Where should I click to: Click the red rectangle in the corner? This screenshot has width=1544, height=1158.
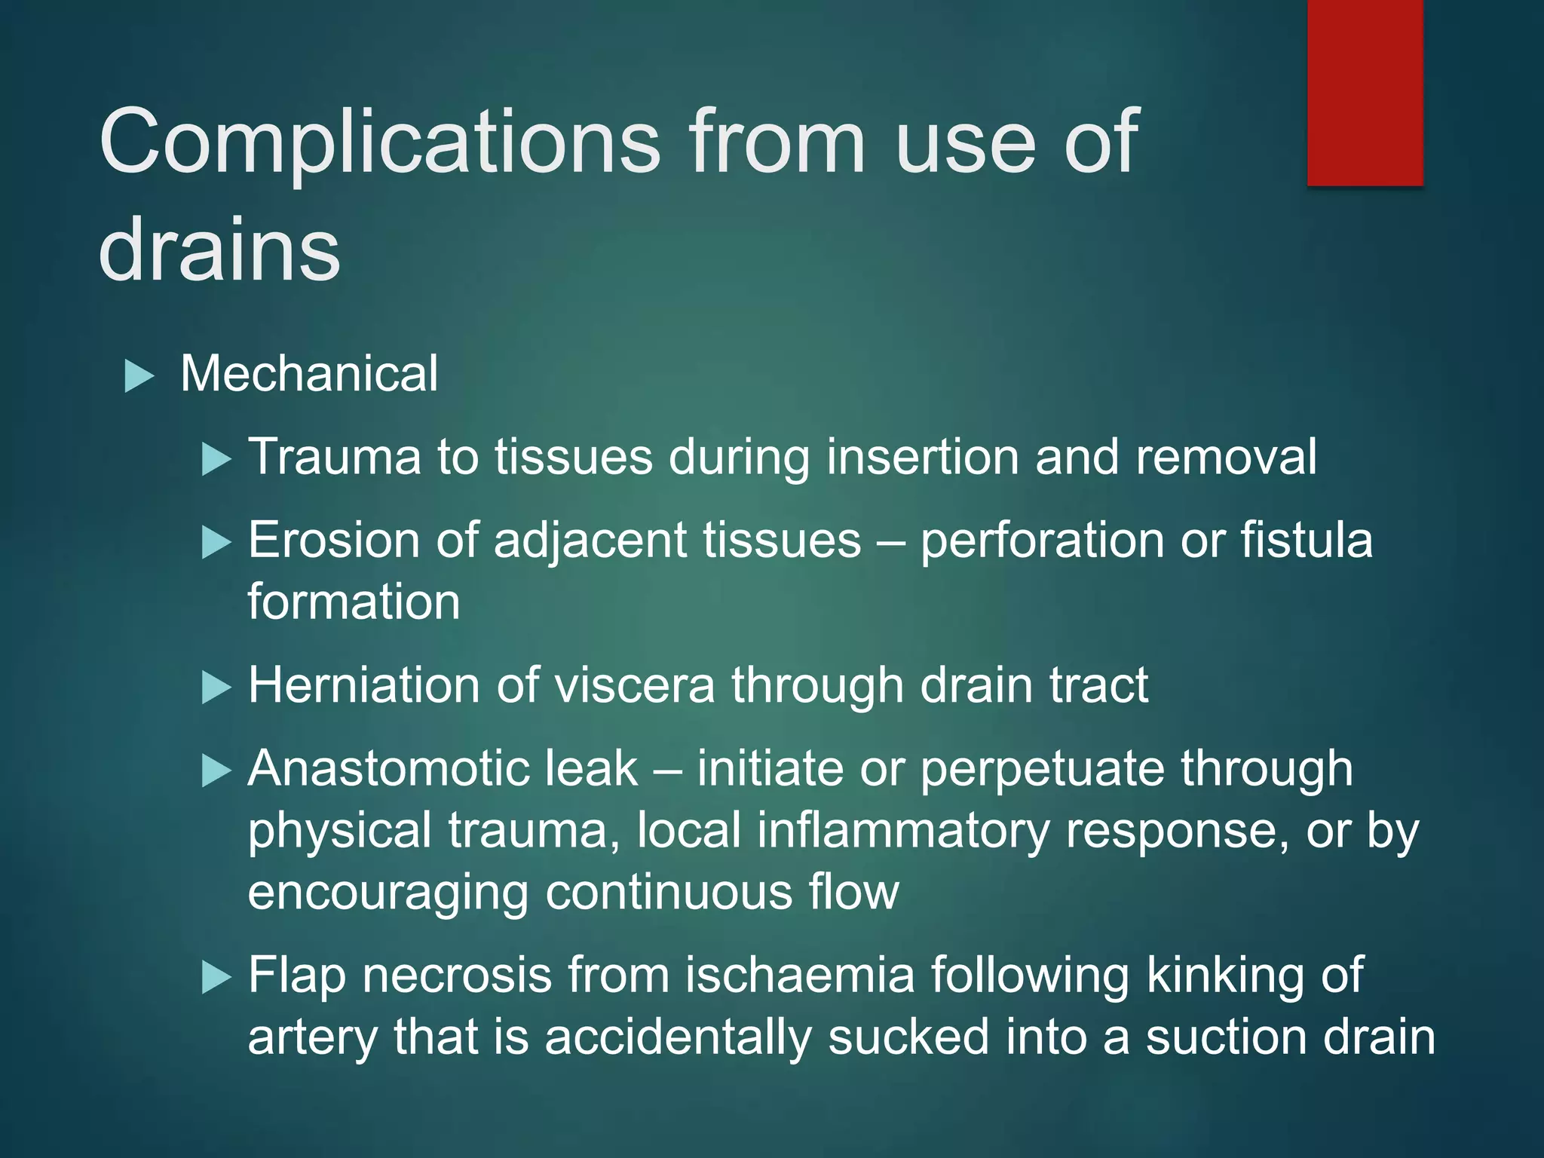click(1365, 92)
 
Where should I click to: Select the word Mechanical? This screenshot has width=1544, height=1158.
click(309, 374)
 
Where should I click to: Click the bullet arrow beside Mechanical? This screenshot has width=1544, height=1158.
click(139, 375)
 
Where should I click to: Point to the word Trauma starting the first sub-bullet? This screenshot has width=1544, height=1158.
click(335, 457)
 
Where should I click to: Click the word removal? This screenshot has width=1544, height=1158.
click(1226, 457)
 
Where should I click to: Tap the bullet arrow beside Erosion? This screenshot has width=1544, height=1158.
click(216, 542)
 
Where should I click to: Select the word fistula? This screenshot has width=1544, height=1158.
click(1307, 541)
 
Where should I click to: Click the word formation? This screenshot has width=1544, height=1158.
click(354, 602)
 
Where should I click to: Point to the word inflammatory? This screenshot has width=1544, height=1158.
click(903, 831)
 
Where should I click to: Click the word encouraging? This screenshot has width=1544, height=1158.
click(388, 893)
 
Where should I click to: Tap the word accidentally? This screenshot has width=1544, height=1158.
click(678, 1037)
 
